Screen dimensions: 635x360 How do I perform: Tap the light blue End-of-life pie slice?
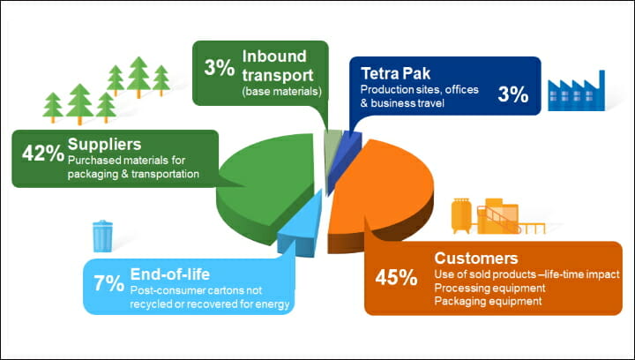tap(302, 231)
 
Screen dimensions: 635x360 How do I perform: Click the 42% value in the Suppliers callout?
tap(43, 153)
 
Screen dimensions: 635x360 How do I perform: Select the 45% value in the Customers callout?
tap(396, 277)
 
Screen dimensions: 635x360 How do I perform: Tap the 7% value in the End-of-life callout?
tap(109, 283)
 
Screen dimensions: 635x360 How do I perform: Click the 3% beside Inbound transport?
tap(219, 68)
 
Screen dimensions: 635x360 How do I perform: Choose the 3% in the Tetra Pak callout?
tap(513, 94)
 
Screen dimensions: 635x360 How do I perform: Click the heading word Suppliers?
tap(104, 144)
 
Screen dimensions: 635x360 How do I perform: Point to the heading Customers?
tap(476, 258)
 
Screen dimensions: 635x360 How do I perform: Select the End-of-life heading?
tap(170, 274)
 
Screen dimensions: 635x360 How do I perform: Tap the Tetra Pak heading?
tap(396, 74)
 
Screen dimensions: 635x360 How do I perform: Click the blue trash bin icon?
tap(103, 236)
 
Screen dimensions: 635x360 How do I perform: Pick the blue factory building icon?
tap(576, 91)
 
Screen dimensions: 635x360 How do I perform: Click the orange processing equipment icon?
tap(498, 216)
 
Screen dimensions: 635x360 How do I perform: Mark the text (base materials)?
tap(282, 92)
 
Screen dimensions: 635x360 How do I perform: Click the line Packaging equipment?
tap(488, 301)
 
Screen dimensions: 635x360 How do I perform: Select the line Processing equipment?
tap(490, 288)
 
